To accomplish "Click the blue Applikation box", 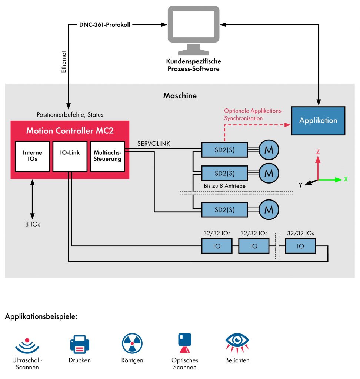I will pyautogui.click(x=318, y=121).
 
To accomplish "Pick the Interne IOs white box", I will pyautogui.click(x=33, y=156).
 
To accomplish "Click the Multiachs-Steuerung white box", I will pyautogui.click(x=107, y=156).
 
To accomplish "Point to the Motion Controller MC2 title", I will pyautogui.click(x=70, y=131).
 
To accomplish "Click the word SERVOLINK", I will pyautogui.click(x=153, y=144).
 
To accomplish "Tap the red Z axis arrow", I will pyautogui.click(x=317, y=164).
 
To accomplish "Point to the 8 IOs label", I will pyautogui.click(x=32, y=224).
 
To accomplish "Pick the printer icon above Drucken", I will pyautogui.click(x=80, y=344).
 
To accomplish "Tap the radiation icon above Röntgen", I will pyautogui.click(x=132, y=343).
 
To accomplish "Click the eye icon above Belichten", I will pyautogui.click(x=237, y=341).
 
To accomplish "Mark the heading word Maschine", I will pyautogui.click(x=180, y=96).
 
